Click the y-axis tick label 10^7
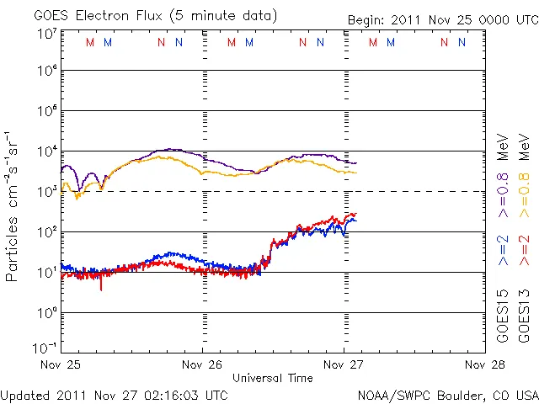click(x=45, y=34)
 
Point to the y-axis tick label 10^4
click(x=45, y=151)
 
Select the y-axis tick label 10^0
click(x=45, y=313)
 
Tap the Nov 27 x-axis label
click(x=344, y=365)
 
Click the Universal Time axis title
click(x=273, y=378)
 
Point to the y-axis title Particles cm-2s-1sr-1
click(x=13, y=205)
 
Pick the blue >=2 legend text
click(x=502, y=250)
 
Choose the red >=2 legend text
click(x=523, y=250)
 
